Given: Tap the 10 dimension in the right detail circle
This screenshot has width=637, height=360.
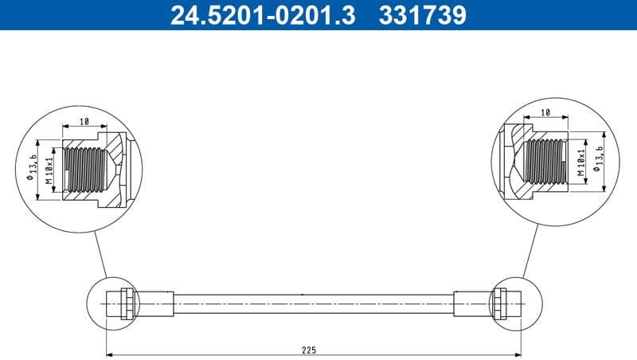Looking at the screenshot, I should pos(545,113).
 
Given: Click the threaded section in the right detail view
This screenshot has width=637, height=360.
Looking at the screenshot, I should pos(546,160).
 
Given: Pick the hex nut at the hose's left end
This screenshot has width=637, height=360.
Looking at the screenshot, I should pos(125,303).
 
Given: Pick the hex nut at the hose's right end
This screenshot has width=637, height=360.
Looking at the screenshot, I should pos(501,303).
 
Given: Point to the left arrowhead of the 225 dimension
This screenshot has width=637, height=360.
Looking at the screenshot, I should pos(110,354).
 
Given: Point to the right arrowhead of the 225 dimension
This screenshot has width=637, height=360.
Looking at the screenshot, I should pos(518,354).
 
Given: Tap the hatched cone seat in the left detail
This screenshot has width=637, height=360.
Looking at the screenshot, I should pos(116,159).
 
